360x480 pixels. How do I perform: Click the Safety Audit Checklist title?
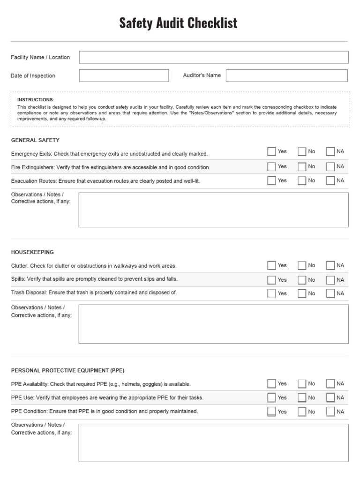(x=178, y=23)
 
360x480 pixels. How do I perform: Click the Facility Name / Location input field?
(x=213, y=57)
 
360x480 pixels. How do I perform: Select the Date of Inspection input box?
(x=124, y=75)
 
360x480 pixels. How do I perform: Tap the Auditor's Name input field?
(x=286, y=75)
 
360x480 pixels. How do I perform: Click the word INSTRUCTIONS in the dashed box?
(x=36, y=100)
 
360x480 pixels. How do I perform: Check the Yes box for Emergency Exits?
(x=272, y=151)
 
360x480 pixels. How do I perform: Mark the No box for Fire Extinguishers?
(x=302, y=166)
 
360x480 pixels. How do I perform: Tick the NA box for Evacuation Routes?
(x=330, y=180)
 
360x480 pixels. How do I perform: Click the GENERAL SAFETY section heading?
(x=35, y=140)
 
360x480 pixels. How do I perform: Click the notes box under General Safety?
(x=213, y=210)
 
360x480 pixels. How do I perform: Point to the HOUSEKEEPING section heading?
(x=32, y=252)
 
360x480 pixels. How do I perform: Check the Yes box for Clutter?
(x=272, y=265)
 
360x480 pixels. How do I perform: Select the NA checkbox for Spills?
(x=330, y=280)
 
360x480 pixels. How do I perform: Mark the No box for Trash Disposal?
(x=302, y=293)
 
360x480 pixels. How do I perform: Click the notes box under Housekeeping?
(x=213, y=324)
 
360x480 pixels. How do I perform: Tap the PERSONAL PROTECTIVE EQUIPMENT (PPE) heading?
(x=68, y=370)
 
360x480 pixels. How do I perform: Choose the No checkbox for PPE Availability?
(x=302, y=383)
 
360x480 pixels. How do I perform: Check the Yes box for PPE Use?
(x=272, y=397)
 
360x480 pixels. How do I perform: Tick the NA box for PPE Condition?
(x=330, y=412)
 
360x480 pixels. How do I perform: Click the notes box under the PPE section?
(x=213, y=443)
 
